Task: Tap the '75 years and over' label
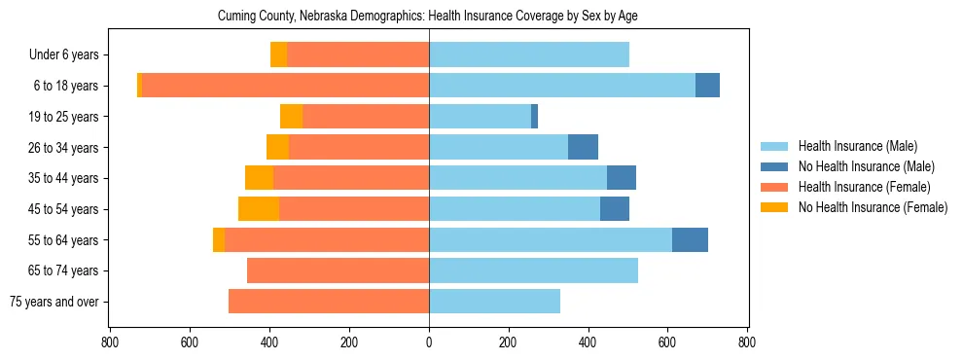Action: point(53,302)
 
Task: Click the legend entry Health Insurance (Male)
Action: point(857,146)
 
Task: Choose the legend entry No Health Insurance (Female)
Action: point(873,207)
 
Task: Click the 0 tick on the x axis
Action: point(429,342)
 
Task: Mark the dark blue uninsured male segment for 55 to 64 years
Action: point(690,239)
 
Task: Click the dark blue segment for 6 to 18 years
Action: point(707,86)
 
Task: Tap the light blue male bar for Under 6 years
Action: point(529,55)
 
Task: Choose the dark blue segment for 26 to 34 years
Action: point(583,147)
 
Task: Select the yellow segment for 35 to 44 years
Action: point(259,178)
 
